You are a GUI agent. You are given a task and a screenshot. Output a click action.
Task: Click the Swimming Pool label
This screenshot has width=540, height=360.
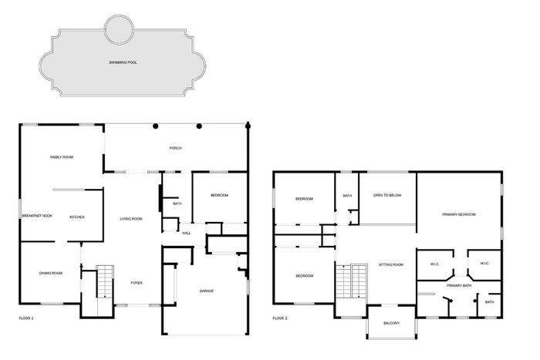tap(123, 62)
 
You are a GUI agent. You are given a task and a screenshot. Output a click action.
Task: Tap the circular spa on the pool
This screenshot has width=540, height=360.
tap(119, 29)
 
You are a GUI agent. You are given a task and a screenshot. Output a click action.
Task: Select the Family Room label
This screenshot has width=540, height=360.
tap(62, 157)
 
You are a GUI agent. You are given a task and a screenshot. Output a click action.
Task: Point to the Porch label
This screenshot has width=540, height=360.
tap(176, 148)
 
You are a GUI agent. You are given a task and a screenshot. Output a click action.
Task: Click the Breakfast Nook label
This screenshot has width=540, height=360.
tap(37, 216)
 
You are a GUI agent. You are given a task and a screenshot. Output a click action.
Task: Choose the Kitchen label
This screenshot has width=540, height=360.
tap(77, 217)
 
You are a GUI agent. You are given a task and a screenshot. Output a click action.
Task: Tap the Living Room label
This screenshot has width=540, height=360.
tap(131, 219)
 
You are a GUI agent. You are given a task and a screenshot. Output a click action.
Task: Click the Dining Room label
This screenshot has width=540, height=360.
tap(51, 273)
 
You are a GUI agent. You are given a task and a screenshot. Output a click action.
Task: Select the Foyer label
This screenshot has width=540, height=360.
tap(137, 283)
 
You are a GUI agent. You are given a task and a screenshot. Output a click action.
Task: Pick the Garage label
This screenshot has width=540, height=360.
tap(207, 291)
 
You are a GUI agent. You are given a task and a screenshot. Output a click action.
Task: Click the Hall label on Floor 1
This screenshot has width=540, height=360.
tap(187, 234)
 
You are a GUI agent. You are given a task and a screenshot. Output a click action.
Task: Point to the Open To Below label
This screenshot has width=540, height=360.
tap(387, 196)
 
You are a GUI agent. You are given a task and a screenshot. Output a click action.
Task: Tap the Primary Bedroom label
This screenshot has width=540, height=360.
tap(459, 214)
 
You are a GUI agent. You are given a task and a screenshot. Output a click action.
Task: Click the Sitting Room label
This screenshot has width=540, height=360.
tap(391, 265)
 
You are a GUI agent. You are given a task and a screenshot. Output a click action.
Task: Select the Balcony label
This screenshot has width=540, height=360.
tap(392, 323)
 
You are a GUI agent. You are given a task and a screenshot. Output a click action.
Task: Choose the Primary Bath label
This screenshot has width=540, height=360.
tap(459, 286)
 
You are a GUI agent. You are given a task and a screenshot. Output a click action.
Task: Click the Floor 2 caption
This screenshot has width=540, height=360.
tap(280, 318)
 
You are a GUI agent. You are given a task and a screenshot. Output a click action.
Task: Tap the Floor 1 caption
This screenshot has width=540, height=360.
tap(26, 318)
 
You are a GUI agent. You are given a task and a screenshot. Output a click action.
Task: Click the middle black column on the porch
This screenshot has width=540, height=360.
tap(199, 126)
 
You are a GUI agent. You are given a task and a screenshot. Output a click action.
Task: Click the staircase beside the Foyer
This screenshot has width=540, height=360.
tap(105, 281)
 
